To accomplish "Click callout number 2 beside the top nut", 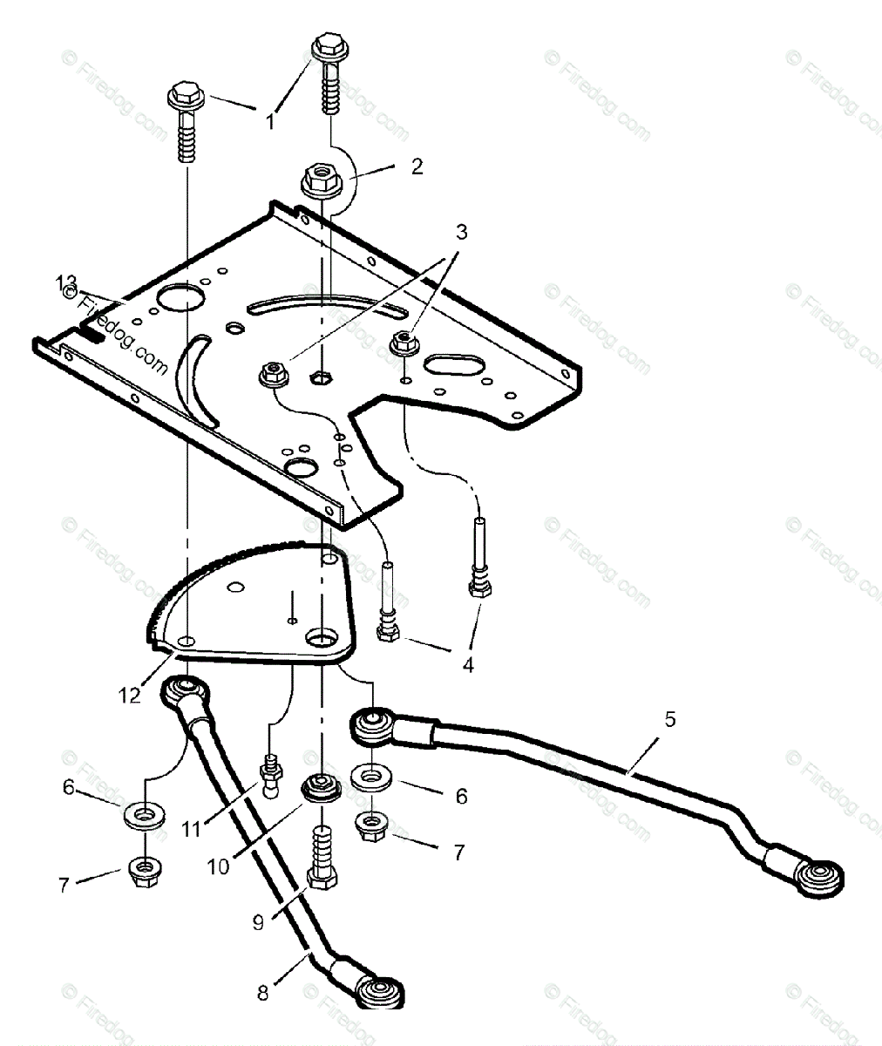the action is pos(417,166).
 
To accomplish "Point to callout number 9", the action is pos(258,921).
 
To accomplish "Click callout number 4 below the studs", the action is pos(468,665).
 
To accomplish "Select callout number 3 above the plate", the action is pos(461,233).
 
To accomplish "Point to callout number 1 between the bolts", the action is pos(270,122).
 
